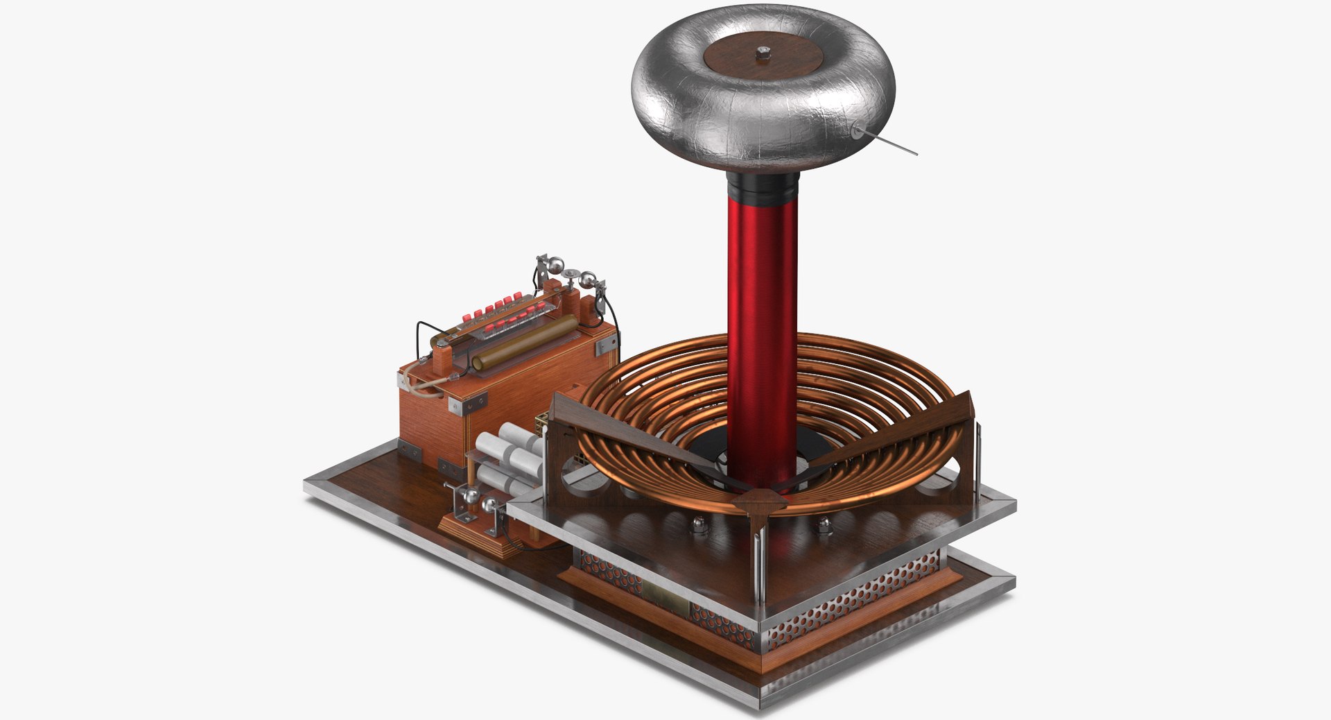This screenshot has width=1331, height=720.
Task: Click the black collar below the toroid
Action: pyautogui.click(x=763, y=189)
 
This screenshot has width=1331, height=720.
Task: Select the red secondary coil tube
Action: pyautogui.click(x=762, y=312)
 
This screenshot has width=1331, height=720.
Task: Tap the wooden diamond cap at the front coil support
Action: pyautogui.click(x=760, y=500)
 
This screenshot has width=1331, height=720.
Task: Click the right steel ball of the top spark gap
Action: pyautogui.click(x=588, y=280)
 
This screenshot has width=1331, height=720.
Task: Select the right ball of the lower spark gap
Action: pyautogui.click(x=491, y=506)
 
